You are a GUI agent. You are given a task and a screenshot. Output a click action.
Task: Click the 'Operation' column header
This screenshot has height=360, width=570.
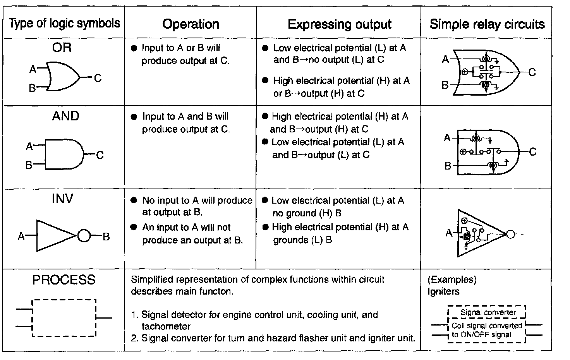191,24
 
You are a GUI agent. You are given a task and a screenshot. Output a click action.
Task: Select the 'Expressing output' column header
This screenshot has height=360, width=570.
339,24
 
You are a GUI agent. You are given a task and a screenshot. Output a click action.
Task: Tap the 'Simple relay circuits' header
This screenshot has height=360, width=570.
487,24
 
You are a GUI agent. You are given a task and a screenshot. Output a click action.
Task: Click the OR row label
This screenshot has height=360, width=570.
62,48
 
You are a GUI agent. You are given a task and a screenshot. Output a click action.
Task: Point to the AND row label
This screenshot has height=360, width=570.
65,116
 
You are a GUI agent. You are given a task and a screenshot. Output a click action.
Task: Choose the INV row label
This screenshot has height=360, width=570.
62,199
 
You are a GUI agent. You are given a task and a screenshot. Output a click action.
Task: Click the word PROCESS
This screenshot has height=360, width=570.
64,279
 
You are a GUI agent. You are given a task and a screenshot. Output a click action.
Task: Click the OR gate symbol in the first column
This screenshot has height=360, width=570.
63,76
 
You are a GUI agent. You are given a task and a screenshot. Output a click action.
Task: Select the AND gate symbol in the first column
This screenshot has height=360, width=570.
64,154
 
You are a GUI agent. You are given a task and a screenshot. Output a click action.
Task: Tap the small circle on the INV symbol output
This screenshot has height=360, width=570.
84,235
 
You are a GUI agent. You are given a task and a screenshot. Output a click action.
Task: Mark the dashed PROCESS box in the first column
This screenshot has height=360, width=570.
64,318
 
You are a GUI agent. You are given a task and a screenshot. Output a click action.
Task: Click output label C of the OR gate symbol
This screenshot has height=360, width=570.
98,78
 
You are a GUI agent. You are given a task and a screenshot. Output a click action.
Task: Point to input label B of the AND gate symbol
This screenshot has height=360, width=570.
29,165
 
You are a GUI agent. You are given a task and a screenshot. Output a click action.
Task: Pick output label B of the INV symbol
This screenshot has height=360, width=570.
106,236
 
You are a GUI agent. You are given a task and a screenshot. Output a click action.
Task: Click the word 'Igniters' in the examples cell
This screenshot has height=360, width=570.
443,291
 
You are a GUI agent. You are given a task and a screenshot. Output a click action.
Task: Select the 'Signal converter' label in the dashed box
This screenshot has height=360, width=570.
488,312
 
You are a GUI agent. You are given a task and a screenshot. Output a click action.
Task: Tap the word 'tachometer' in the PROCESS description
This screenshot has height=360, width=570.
166,326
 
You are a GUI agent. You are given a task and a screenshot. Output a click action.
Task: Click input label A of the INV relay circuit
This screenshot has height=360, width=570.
449,233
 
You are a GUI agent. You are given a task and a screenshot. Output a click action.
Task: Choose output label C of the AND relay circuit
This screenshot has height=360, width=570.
533,152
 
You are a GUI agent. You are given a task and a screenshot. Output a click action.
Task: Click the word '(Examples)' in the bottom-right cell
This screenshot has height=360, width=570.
452,279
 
